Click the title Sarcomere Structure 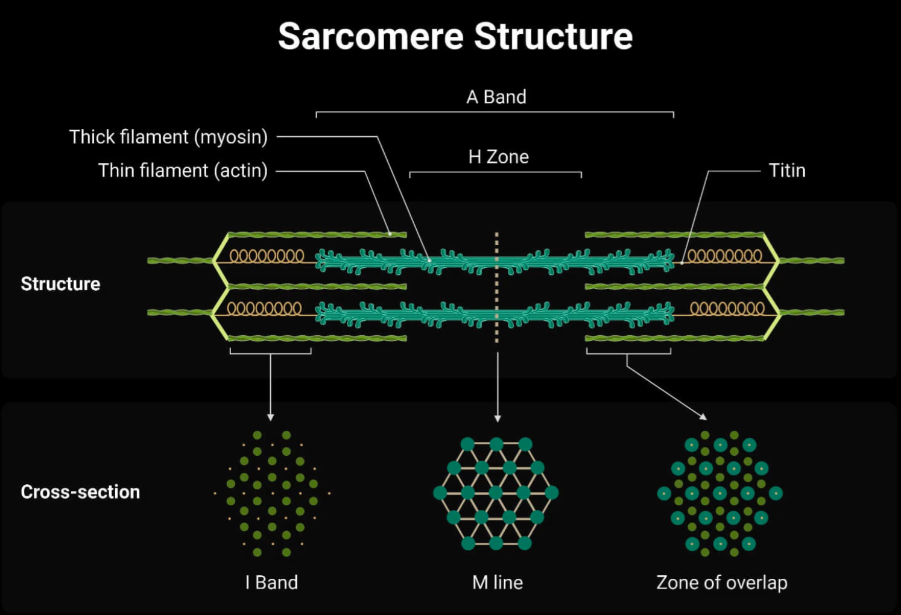[455, 36]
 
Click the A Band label [496, 97]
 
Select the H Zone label [498, 157]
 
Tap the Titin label [787, 171]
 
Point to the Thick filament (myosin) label [168, 137]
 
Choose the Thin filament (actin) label [183, 171]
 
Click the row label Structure [60, 284]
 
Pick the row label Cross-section [80, 492]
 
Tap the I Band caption [271, 582]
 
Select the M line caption [498, 582]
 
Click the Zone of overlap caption [722, 582]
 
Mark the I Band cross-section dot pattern [271, 493]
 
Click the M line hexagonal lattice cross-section [496, 493]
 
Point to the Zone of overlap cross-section [719, 493]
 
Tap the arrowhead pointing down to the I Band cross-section [271, 417]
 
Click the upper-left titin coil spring [267, 256]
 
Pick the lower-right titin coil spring [727, 308]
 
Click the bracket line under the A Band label [495, 112]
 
